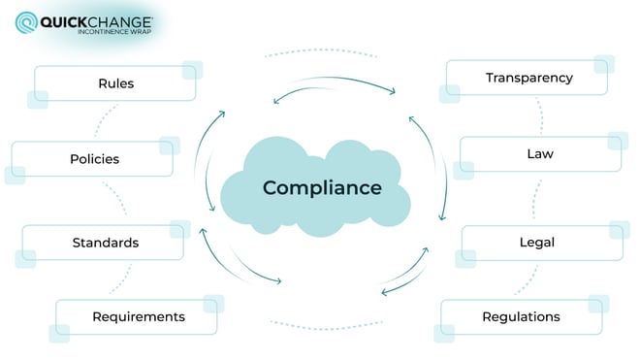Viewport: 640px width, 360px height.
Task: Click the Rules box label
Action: click(x=115, y=83)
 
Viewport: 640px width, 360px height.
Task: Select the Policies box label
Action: click(x=94, y=158)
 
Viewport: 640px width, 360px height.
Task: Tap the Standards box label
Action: click(x=105, y=242)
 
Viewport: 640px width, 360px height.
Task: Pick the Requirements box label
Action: click(x=138, y=316)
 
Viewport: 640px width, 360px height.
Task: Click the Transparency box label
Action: click(x=529, y=78)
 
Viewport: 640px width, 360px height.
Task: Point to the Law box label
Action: click(x=539, y=153)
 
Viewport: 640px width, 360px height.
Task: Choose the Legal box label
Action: click(x=536, y=242)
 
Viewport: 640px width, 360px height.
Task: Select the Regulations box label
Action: click(x=521, y=316)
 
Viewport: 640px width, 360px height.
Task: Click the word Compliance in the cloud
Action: click(x=322, y=187)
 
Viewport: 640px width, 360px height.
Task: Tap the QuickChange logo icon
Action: click(x=26, y=21)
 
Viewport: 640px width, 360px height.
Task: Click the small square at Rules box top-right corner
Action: click(x=192, y=71)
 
